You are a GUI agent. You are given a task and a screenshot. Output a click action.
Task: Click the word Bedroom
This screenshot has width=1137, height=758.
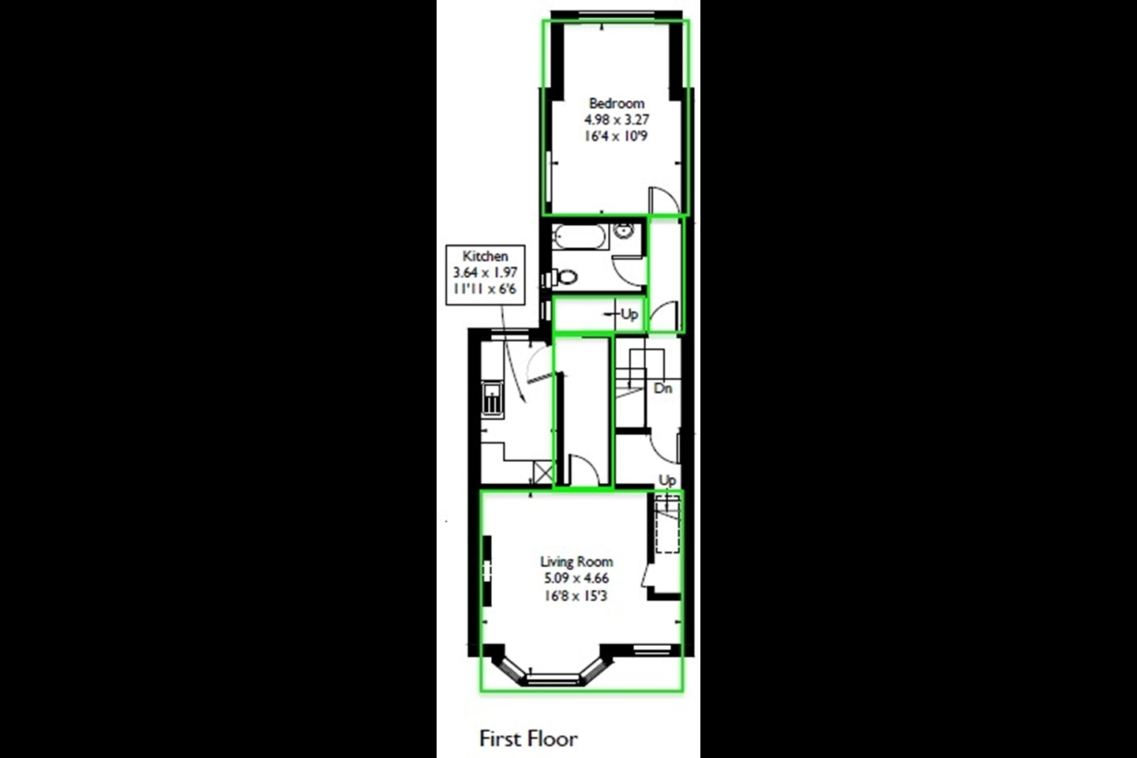tap(616, 103)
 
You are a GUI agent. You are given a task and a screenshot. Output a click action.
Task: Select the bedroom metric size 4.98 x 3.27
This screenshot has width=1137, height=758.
tap(616, 120)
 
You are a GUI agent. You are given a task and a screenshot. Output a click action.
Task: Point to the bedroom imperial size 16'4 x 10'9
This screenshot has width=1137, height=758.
tap(616, 137)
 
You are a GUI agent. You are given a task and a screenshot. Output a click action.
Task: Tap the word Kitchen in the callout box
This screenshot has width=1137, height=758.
tap(485, 256)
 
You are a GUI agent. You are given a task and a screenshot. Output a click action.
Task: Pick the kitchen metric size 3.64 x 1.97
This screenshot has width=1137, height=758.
tap(485, 272)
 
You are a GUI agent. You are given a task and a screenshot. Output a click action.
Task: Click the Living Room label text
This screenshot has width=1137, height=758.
tap(576, 561)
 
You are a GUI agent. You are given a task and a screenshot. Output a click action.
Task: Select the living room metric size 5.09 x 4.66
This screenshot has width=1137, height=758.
tap(576, 578)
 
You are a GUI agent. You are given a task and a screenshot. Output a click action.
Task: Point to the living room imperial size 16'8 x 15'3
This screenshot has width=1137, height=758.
tap(576, 595)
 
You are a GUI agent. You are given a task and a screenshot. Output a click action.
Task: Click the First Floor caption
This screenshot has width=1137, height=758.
tap(528, 739)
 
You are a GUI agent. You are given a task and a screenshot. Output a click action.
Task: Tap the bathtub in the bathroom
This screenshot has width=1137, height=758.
tap(580, 236)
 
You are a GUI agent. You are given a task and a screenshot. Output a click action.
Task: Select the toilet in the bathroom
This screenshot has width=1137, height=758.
tap(564, 277)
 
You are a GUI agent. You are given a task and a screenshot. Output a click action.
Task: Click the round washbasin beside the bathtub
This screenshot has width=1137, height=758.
tap(624, 231)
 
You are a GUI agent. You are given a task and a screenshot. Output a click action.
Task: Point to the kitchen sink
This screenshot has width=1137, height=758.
tap(493, 400)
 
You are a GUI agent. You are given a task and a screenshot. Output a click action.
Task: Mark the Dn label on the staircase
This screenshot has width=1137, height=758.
tap(663, 388)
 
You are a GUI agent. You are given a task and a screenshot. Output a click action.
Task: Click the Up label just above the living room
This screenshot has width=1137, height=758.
tap(667, 480)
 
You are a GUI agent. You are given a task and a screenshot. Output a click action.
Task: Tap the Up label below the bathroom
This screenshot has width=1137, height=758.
tap(629, 314)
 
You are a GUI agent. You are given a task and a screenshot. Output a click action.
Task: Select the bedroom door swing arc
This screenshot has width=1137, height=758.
tap(661, 197)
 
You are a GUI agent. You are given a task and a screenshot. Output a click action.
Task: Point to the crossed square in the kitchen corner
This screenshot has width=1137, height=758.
tap(542, 473)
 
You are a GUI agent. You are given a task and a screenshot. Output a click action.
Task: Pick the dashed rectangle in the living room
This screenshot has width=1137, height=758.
tap(667, 523)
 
